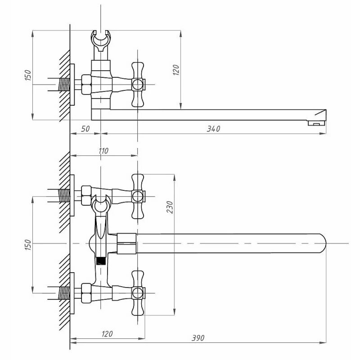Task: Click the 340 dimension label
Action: coord(213,129)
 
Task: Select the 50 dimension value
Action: coord(85,129)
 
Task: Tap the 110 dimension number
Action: coord(103,151)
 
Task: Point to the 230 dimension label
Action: coord(170,207)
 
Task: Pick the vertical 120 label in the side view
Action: coord(176,69)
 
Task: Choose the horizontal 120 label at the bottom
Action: coord(107,334)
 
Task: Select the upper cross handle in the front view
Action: coord(138,196)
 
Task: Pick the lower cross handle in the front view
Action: coord(138,293)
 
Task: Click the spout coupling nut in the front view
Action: coord(126,243)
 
